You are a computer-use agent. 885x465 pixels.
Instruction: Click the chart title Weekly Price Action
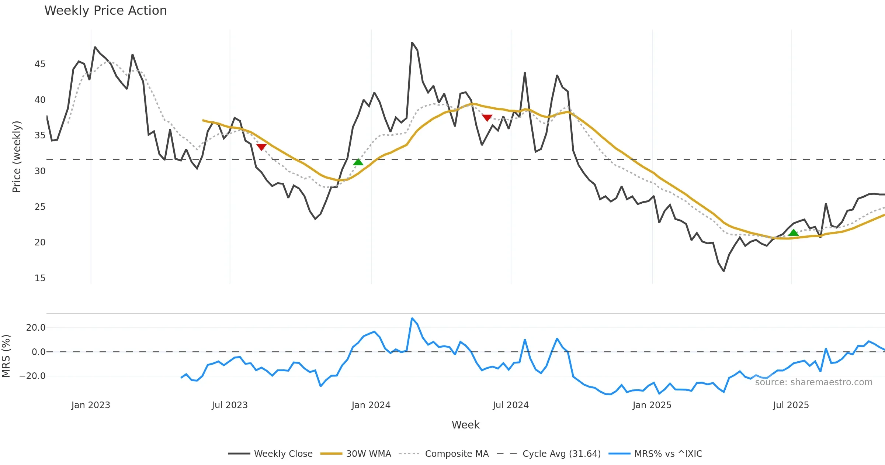[x=105, y=11]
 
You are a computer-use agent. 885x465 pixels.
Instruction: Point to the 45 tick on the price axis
[x=40, y=64]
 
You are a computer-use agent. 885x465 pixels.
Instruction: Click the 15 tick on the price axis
[x=40, y=278]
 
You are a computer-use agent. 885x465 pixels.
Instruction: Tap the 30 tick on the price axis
[x=40, y=171]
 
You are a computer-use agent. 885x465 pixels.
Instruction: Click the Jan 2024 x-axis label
[x=371, y=405]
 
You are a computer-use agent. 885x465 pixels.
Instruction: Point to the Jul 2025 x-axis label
[x=791, y=405]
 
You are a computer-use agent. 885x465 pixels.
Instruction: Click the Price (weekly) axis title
[x=17, y=157]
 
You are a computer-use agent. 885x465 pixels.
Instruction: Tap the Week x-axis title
[x=465, y=425]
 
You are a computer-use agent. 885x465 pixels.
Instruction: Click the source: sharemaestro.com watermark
[x=813, y=382]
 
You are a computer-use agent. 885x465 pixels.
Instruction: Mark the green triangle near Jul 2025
[x=794, y=232]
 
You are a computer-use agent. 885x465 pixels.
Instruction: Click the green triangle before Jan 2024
[x=358, y=162]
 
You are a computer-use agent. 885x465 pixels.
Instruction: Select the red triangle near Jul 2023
[x=261, y=147]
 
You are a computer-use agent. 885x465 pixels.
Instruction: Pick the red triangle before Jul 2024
[x=487, y=118]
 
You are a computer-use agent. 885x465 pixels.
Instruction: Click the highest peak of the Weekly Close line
[x=412, y=43]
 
